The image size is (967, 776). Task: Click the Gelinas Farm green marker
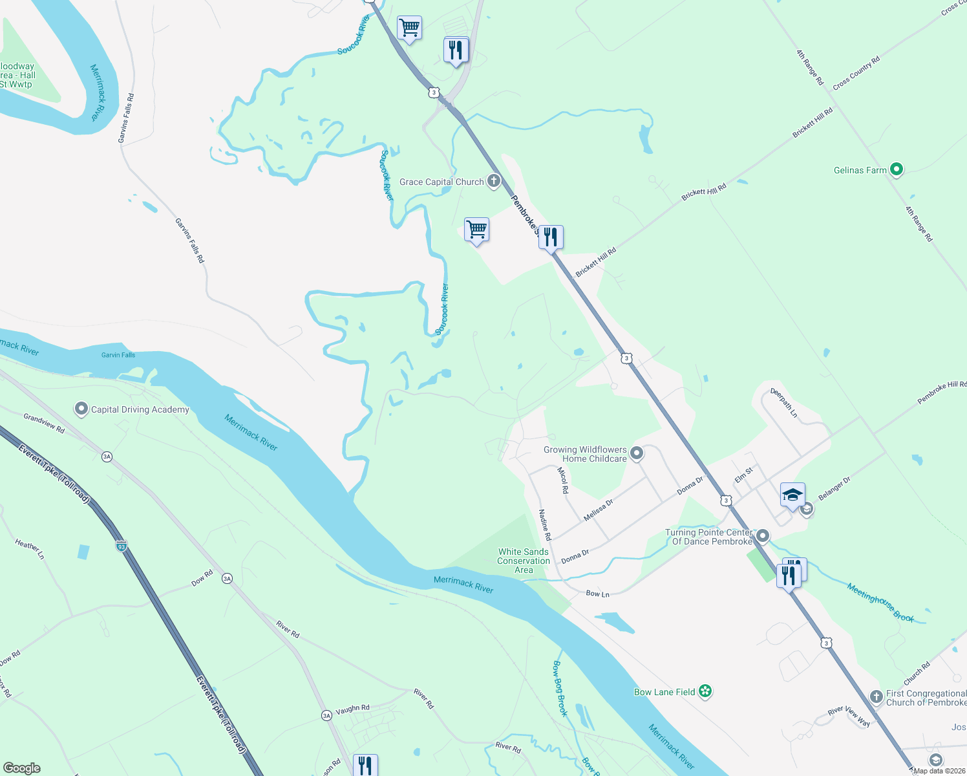coord(896,170)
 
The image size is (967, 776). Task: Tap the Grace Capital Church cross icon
coord(494,181)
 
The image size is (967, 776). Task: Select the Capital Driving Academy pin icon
coord(81,409)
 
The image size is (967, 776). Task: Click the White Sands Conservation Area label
coord(524,561)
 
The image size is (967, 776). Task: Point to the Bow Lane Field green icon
coord(705,692)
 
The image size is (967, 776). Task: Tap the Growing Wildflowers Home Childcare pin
coord(637,453)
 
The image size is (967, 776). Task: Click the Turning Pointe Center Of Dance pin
coord(763,536)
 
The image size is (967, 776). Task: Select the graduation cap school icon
coord(792,495)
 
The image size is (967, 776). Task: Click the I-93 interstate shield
coord(121,546)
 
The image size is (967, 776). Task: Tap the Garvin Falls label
coord(118,355)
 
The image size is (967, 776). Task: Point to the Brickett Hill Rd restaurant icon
coord(551,237)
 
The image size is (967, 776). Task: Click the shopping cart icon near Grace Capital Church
coord(476,229)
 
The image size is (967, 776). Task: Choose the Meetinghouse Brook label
coord(880,603)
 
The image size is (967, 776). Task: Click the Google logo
coord(22,768)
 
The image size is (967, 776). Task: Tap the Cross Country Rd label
coord(856,74)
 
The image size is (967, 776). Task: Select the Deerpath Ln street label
coord(784,403)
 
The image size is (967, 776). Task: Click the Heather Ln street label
coord(30,549)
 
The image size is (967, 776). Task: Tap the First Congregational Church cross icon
coord(877,696)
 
